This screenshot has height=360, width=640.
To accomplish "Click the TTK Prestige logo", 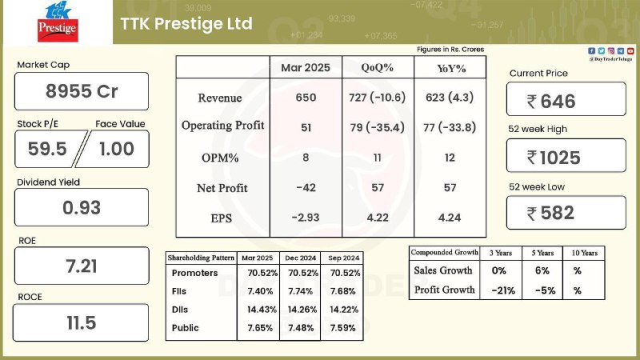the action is [58, 22].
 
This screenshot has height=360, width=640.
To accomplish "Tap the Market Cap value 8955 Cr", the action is [82, 91].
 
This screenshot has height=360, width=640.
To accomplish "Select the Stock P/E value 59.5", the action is [47, 149].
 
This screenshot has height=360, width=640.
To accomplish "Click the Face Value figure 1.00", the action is [117, 149].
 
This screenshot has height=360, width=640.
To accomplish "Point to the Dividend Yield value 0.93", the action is [82, 208].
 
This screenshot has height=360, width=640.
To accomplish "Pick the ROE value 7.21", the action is [82, 266].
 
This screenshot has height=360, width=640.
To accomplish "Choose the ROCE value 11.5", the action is [82, 323].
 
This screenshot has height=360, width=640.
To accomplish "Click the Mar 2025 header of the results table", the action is [306, 68].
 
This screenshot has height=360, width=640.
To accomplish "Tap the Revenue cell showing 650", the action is [306, 98].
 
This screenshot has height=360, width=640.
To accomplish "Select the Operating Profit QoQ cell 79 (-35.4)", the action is [377, 128].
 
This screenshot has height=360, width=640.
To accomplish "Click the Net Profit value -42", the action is [306, 188].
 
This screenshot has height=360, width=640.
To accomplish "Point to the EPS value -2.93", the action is [306, 218].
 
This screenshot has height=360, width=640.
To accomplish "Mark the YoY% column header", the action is [451, 68].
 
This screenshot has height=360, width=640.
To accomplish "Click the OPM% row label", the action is [220, 158].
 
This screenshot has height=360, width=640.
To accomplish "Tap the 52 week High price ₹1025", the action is [554, 158].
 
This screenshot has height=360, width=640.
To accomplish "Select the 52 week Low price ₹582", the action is [550, 213].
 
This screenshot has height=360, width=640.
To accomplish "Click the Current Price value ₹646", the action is [551, 102].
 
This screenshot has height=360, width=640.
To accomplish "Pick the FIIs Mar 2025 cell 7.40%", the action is [261, 291].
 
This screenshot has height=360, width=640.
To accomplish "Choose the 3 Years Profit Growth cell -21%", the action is [503, 290].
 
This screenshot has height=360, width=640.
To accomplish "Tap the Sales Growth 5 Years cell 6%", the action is [542, 270].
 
